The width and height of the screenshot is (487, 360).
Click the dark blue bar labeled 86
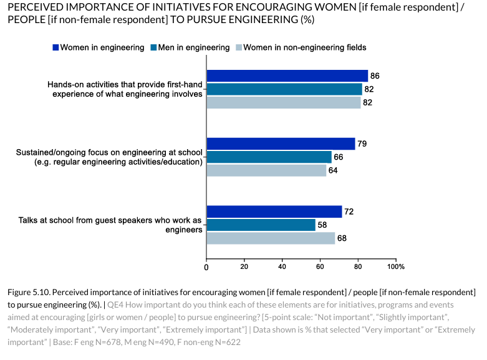point(287,76)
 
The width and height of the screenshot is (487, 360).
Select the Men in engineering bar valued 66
point(269,157)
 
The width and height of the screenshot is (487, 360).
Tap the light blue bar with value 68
point(271,238)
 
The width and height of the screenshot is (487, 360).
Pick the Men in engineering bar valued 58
point(261,225)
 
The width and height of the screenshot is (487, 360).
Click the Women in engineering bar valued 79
point(281,144)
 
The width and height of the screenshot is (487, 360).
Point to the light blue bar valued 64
point(266,170)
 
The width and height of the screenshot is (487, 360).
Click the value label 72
point(349,212)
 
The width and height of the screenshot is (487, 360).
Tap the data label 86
point(375,76)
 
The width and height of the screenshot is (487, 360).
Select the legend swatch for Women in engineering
point(55,47)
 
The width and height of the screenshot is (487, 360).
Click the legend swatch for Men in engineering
point(153,47)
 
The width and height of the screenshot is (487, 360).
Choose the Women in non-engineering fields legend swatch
point(237,47)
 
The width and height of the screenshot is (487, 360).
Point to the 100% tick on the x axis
point(396,267)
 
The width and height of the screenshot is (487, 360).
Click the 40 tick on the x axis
point(282,267)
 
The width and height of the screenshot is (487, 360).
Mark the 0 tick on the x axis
point(206,267)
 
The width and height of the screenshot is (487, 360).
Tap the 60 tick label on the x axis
point(321,267)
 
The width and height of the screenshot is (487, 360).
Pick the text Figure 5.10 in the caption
point(31,293)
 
